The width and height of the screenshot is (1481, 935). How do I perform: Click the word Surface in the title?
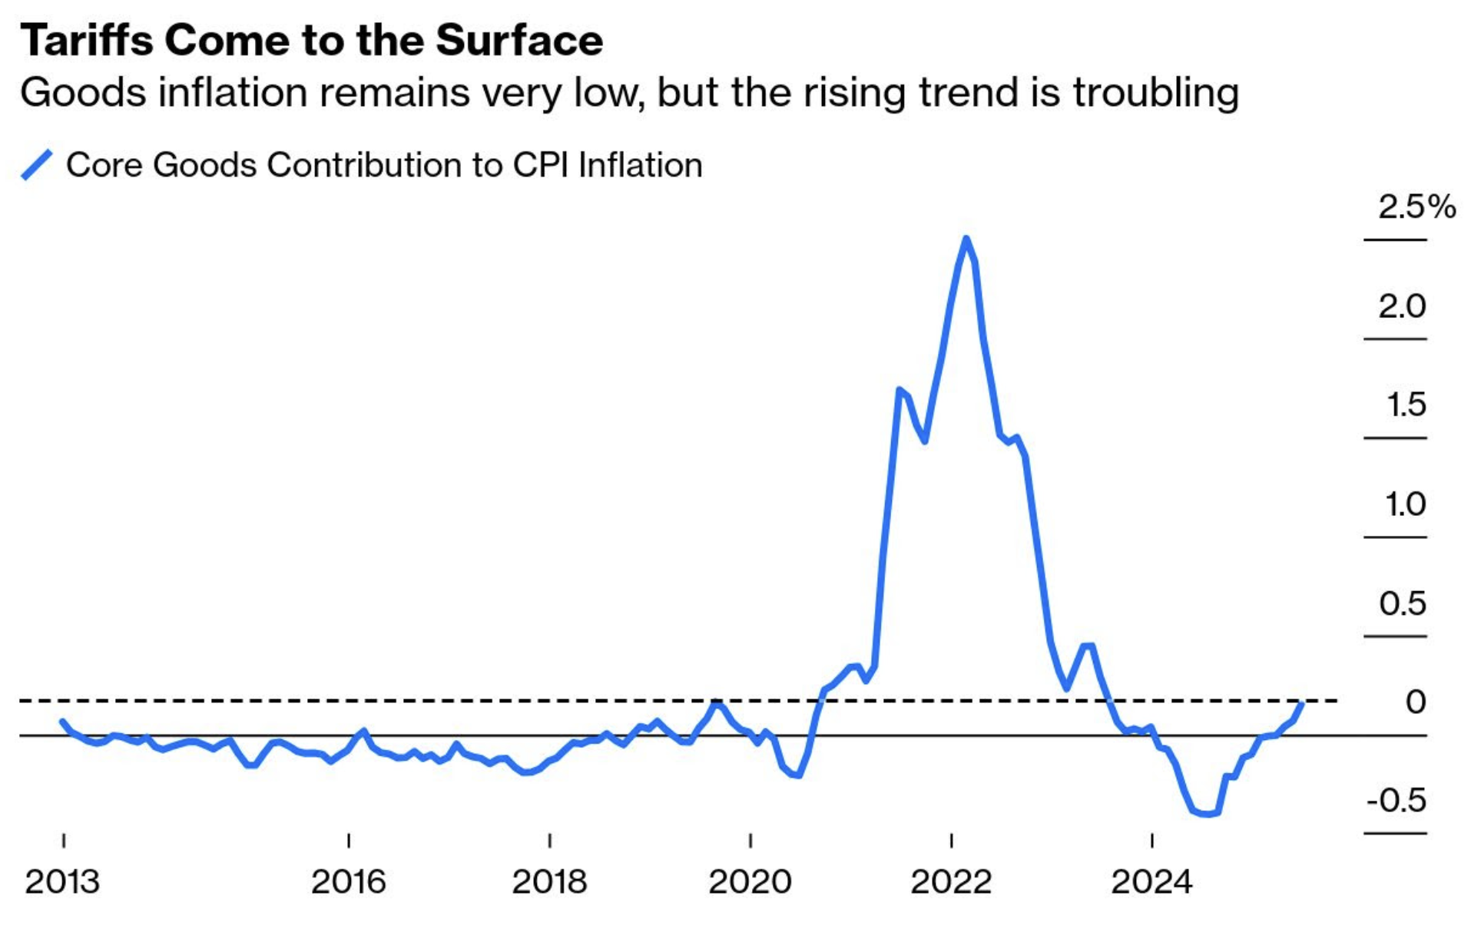[x=519, y=40]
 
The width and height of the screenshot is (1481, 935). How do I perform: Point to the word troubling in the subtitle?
[x=1155, y=94]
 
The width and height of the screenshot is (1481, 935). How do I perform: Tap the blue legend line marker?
[x=36, y=165]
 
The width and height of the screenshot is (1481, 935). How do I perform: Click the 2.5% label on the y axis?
[x=1416, y=206]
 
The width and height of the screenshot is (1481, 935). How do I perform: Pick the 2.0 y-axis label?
[x=1402, y=306]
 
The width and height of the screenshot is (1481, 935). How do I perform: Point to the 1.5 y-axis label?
[x=1406, y=405]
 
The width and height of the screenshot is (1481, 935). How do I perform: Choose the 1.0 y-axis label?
[x=1406, y=504]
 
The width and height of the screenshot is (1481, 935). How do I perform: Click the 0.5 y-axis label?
[x=1402, y=603]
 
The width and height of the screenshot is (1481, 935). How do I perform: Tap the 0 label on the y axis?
[x=1415, y=702]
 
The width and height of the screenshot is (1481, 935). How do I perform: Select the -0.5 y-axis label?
[x=1396, y=801]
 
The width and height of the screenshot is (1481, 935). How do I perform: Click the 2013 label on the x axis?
[x=62, y=882]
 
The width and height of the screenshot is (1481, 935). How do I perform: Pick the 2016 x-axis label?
[x=348, y=882]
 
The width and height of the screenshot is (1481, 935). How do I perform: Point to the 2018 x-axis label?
[x=549, y=882]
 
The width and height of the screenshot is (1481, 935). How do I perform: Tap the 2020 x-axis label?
[x=750, y=882]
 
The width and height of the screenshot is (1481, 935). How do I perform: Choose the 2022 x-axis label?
[x=951, y=882]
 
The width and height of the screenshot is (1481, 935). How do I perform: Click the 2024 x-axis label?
[x=1151, y=882]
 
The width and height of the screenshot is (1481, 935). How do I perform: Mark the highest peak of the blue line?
[x=966, y=239]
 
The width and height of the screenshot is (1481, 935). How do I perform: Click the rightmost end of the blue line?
[x=1302, y=702]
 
